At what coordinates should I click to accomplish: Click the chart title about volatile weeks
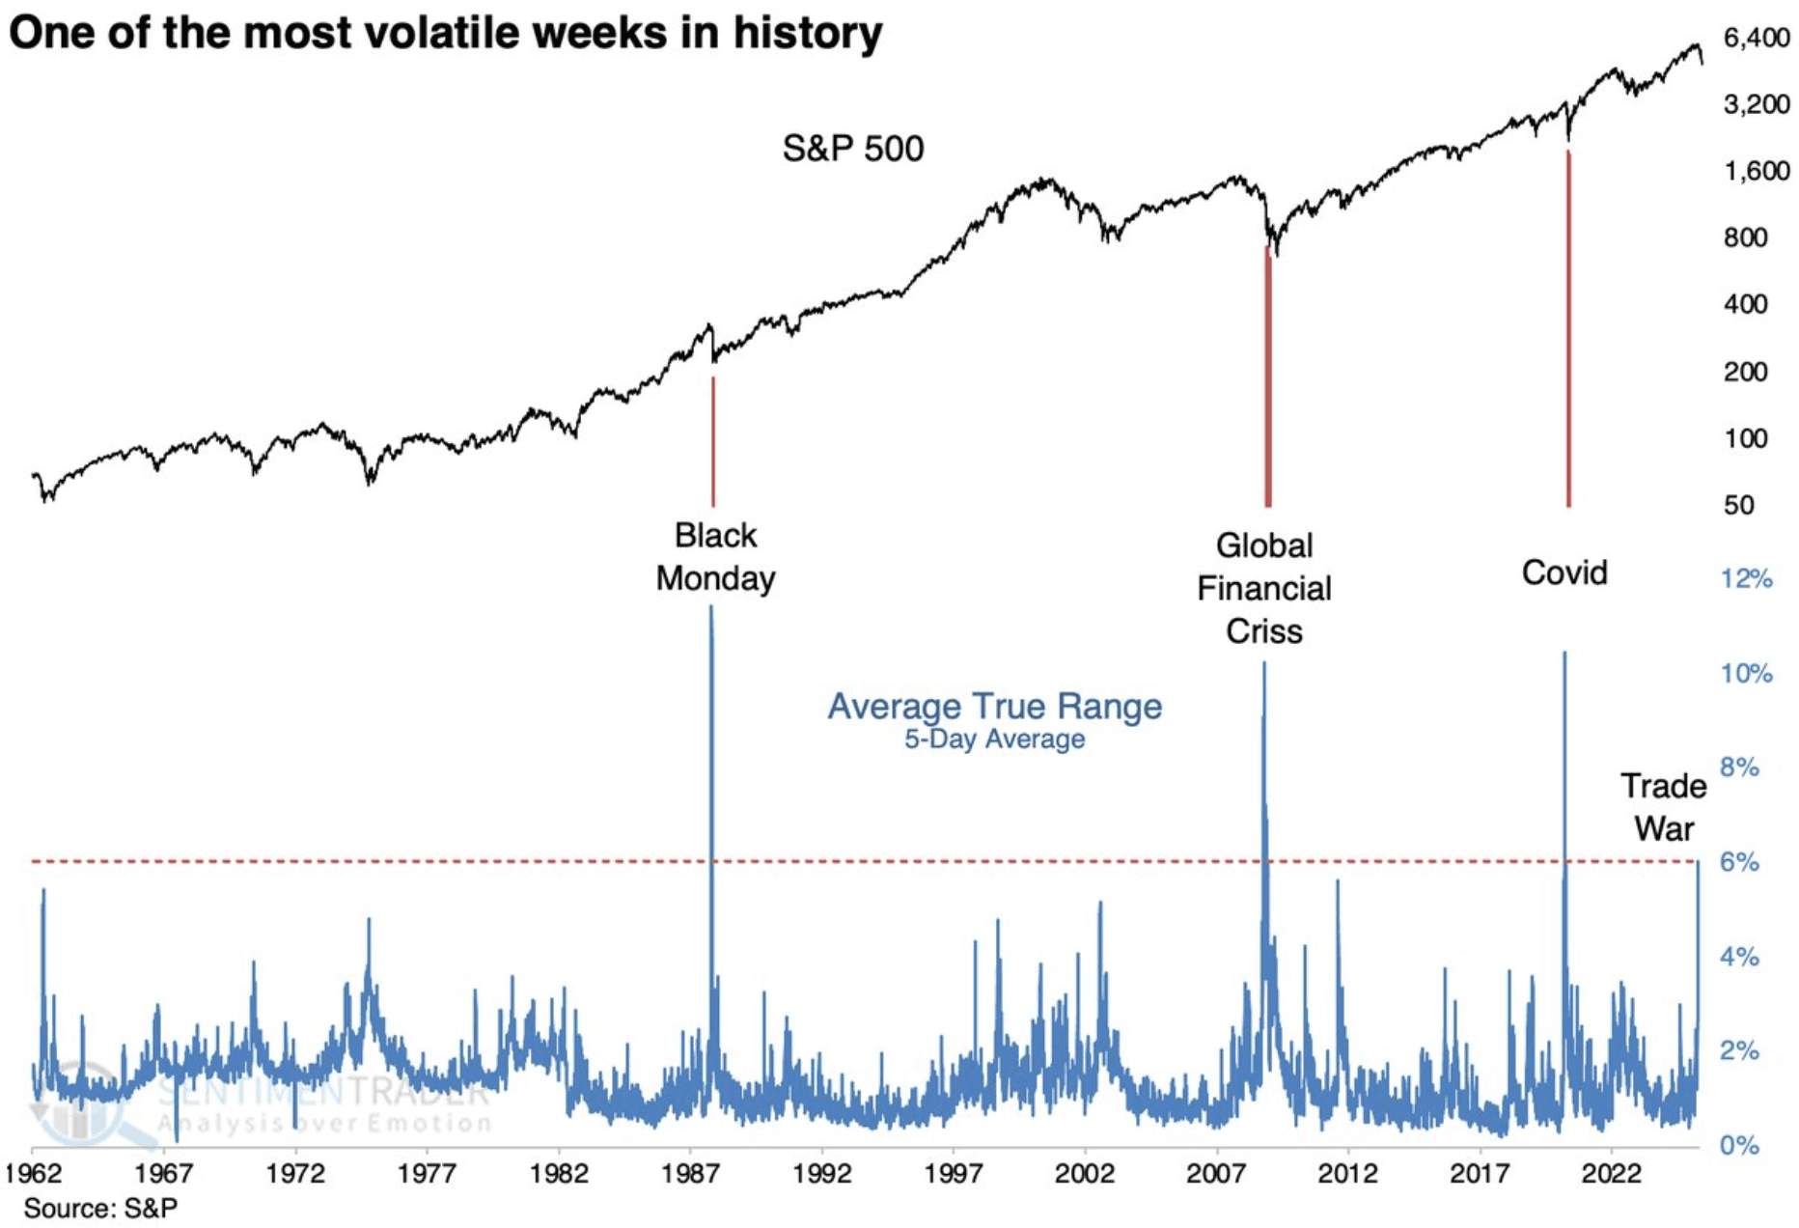(x=445, y=33)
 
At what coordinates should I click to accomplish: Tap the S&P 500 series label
(x=852, y=149)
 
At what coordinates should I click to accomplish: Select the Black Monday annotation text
(x=715, y=557)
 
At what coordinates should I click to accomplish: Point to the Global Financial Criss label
(x=1263, y=588)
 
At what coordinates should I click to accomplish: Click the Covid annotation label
(x=1564, y=572)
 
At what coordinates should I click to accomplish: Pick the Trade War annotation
(x=1663, y=807)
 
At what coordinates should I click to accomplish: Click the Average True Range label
(x=994, y=706)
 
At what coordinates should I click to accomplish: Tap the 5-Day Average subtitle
(x=994, y=740)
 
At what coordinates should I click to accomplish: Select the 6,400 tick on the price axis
(x=1756, y=38)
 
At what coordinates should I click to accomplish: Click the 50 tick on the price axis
(x=1738, y=505)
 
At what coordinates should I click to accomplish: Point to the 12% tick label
(x=1746, y=579)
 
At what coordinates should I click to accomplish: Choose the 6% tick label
(x=1739, y=862)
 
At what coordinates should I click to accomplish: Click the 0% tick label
(x=1739, y=1146)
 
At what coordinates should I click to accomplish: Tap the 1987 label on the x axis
(x=690, y=1174)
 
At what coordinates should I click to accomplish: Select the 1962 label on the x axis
(x=33, y=1174)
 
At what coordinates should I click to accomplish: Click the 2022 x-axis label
(x=1611, y=1174)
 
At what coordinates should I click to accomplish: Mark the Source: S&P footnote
(x=100, y=1208)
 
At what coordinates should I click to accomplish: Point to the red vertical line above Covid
(x=1568, y=328)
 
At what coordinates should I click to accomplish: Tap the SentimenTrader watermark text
(x=323, y=1093)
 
